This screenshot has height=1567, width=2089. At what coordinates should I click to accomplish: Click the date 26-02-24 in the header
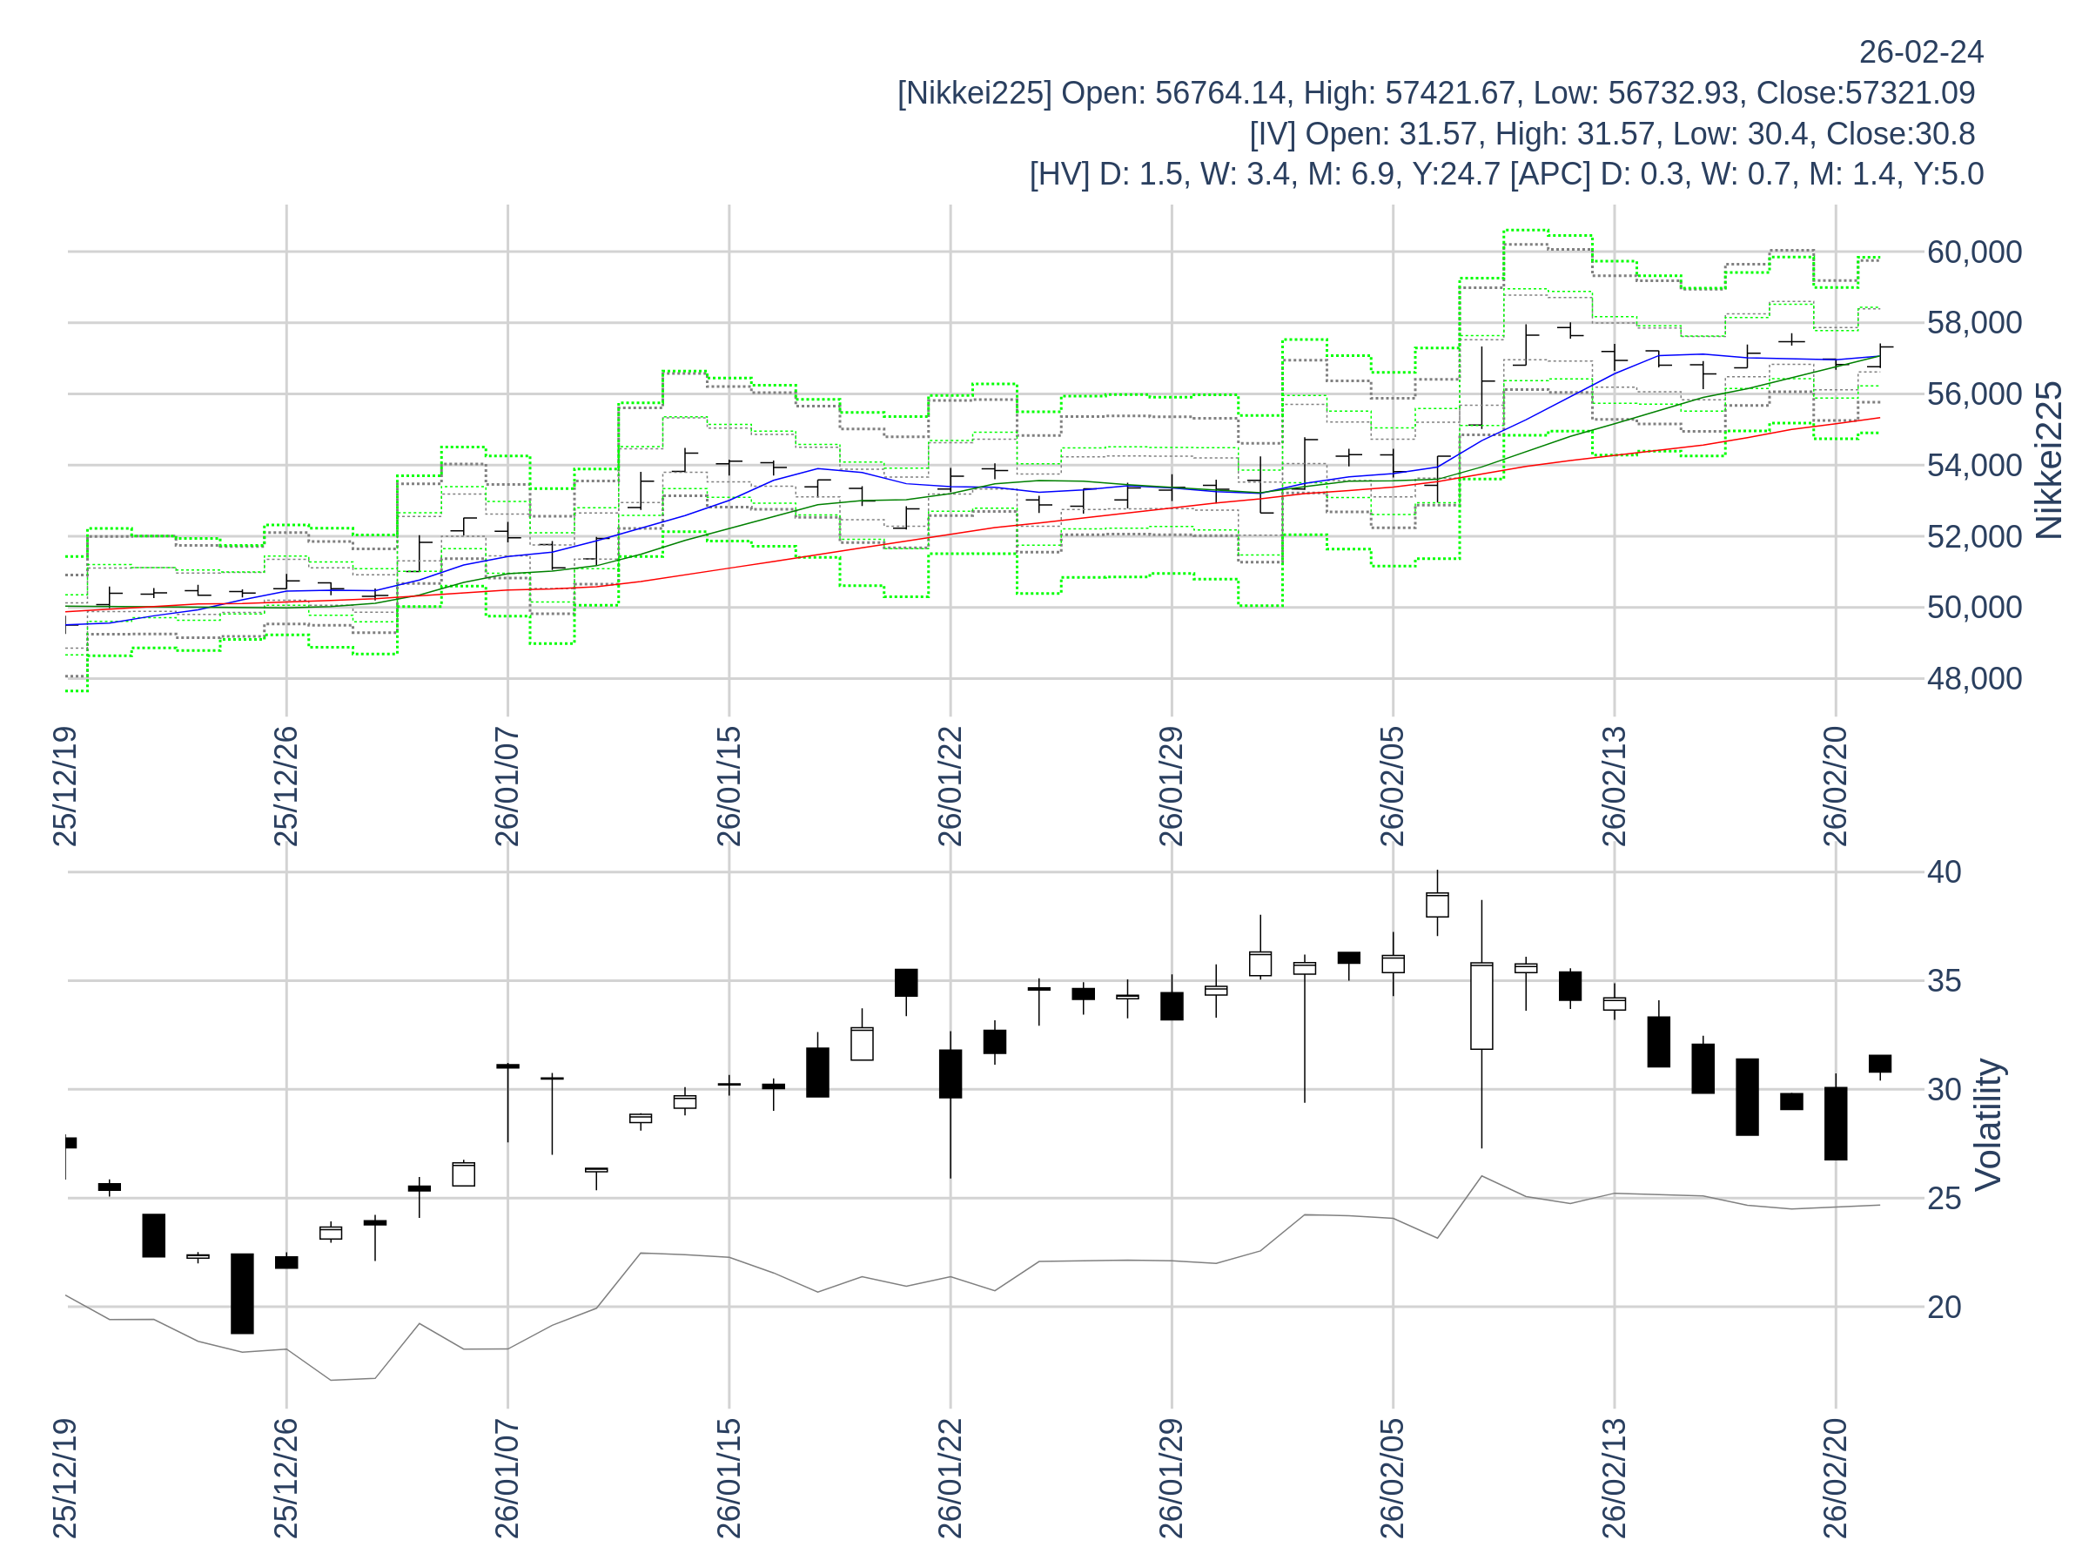coord(1921,52)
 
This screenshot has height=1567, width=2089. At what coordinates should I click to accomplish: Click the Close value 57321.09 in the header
coord(1910,92)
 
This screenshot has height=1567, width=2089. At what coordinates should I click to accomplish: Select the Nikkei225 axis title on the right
coord(2048,460)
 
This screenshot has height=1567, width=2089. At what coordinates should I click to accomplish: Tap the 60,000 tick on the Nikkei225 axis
coord(1974,252)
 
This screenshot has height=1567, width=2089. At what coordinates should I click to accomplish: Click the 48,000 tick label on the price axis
coord(1974,678)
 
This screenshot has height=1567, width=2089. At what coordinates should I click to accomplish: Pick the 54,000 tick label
coord(1974,466)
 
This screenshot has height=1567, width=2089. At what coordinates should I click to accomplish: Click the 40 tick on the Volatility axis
coord(1944,871)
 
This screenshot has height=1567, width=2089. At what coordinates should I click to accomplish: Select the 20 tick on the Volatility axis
coord(1944,1308)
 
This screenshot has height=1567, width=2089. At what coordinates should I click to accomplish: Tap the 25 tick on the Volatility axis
coord(1944,1199)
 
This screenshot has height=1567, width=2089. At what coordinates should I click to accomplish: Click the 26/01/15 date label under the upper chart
coord(729,786)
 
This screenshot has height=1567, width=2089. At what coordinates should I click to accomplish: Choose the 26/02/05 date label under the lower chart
coord(1393,1477)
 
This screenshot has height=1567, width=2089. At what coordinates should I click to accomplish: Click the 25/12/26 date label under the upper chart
coord(286,786)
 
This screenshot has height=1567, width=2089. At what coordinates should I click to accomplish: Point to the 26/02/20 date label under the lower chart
coord(1835,1477)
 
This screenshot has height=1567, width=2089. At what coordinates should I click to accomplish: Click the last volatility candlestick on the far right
coord(1879,1064)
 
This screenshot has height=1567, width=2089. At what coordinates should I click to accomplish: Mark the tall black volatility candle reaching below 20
coord(242,1293)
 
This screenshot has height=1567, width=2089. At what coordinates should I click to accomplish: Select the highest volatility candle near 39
coord(1436,904)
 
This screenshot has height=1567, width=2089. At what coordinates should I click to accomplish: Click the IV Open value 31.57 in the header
coord(1437,134)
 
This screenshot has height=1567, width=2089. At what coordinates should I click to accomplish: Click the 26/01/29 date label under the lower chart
coord(1171,1477)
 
